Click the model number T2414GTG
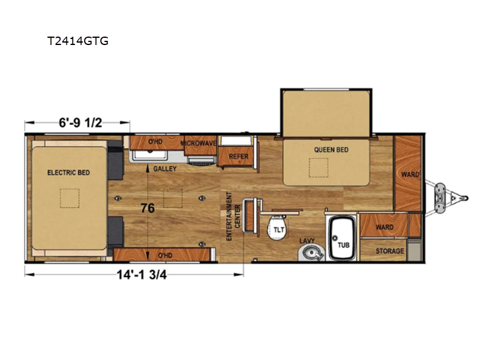pyautogui.click(x=78, y=41)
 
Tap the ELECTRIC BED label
pyautogui.click(x=68, y=173)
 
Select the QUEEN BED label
pyautogui.click(x=331, y=149)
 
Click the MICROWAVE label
pyautogui.click(x=199, y=143)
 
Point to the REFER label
pyautogui.click(x=238, y=157)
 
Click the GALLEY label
pyautogui.click(x=165, y=169)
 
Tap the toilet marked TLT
pyautogui.click(x=278, y=228)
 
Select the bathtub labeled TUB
pyautogui.click(x=343, y=238)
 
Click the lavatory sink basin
pyautogui.click(x=311, y=253)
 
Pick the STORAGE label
pyautogui.click(x=389, y=251)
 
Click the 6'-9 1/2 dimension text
pyautogui.click(x=80, y=123)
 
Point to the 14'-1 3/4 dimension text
pyautogui.click(x=142, y=275)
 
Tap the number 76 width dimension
pyautogui.click(x=148, y=208)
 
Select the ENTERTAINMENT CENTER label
pyautogui.click(x=233, y=216)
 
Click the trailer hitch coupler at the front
pyautogui.click(x=464, y=199)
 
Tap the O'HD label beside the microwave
pyautogui.click(x=155, y=142)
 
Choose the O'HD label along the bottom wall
pyautogui.click(x=165, y=256)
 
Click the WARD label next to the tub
pyautogui.click(x=385, y=227)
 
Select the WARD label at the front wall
pyautogui.click(x=410, y=175)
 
